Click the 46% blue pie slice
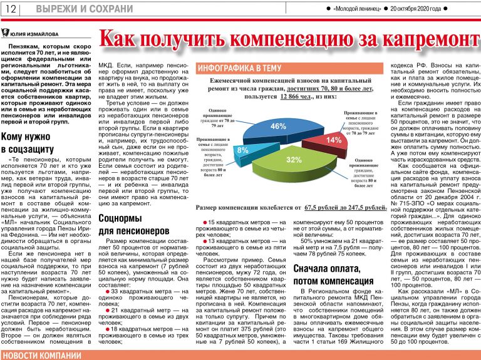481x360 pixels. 276,127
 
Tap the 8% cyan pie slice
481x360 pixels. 243,151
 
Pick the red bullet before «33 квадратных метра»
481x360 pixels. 106,292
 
